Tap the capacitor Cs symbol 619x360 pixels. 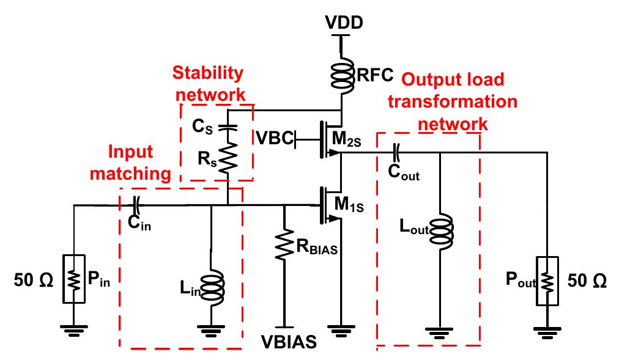[x=227, y=128]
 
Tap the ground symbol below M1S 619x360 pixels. [x=341, y=332]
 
